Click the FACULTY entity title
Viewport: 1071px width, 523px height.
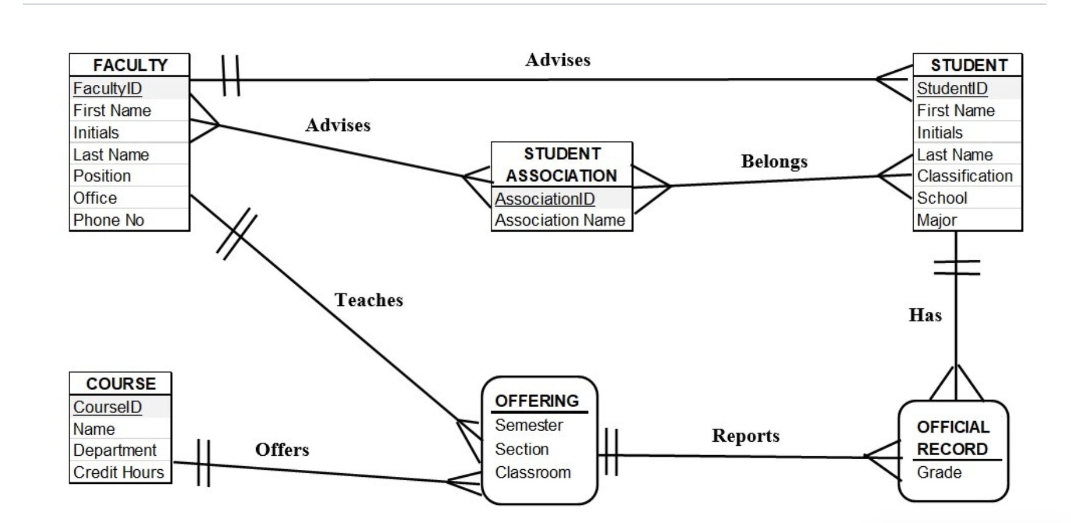130,65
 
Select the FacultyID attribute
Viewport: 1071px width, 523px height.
108,88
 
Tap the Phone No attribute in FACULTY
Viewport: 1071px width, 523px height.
109,220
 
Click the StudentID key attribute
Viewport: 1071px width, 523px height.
952,88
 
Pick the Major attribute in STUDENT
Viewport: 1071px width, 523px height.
937,220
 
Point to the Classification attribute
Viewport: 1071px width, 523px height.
965,176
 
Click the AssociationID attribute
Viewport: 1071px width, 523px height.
545,199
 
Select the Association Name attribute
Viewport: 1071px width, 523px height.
560,220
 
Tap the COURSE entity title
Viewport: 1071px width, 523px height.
121,384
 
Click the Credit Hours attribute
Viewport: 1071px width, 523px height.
119,472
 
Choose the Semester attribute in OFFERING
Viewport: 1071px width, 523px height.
529,425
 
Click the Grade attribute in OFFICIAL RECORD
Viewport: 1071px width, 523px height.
939,472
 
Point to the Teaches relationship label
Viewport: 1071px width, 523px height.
369,300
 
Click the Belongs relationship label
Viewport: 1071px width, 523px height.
774,161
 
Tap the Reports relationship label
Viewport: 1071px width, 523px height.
745,436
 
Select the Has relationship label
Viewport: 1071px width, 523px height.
925,315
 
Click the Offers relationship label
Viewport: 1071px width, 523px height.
282,450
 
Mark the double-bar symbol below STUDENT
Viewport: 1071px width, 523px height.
956,267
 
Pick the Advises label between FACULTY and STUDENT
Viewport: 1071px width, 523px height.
557,60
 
